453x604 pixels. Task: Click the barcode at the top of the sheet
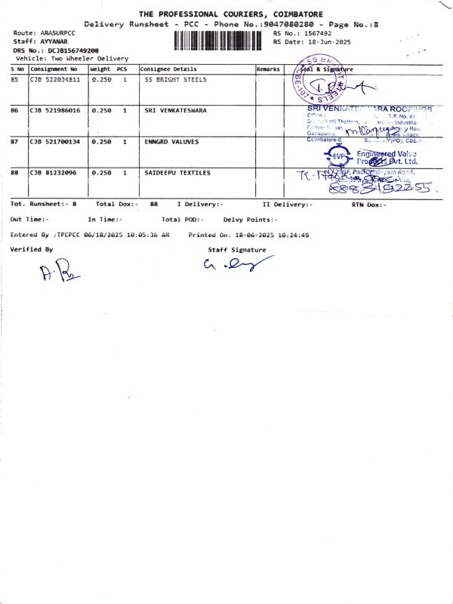(x=221, y=39)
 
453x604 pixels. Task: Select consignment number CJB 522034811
(x=55, y=79)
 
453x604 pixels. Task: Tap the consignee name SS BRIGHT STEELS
(x=174, y=79)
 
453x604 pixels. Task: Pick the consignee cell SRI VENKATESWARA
(x=176, y=110)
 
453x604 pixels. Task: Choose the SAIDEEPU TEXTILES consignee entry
(x=177, y=173)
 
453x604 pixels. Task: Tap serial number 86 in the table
(x=15, y=110)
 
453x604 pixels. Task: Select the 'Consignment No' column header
(x=54, y=69)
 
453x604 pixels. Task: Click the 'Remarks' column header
(x=268, y=69)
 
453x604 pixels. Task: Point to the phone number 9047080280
(x=288, y=25)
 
